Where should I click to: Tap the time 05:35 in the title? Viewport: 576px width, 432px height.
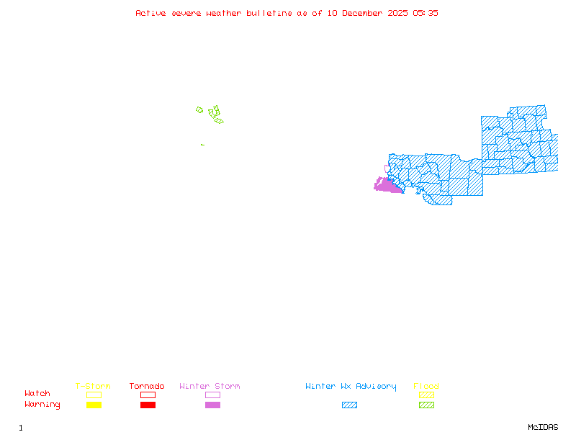(425, 13)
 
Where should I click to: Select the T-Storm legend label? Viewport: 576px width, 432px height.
(93, 387)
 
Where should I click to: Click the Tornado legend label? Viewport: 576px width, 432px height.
(147, 387)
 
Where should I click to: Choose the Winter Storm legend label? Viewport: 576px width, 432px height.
(210, 387)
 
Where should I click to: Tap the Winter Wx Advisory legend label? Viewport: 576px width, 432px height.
(351, 387)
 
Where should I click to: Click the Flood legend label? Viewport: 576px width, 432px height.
(426, 387)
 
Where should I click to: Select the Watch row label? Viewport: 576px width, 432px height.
(37, 394)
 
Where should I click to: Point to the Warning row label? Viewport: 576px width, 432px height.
(42, 405)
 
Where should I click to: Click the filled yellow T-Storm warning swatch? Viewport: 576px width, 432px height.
(94, 405)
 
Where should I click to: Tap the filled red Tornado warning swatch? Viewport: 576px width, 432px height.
(148, 405)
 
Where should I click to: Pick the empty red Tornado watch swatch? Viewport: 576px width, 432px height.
(148, 395)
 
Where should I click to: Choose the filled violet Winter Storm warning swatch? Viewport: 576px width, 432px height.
(212, 405)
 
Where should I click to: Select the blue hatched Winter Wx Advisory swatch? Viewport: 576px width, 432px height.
(349, 405)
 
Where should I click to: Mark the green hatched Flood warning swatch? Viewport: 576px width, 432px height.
(426, 405)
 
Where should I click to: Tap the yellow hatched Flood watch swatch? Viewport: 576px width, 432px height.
(426, 395)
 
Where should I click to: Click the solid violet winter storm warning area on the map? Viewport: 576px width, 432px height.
(387, 186)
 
